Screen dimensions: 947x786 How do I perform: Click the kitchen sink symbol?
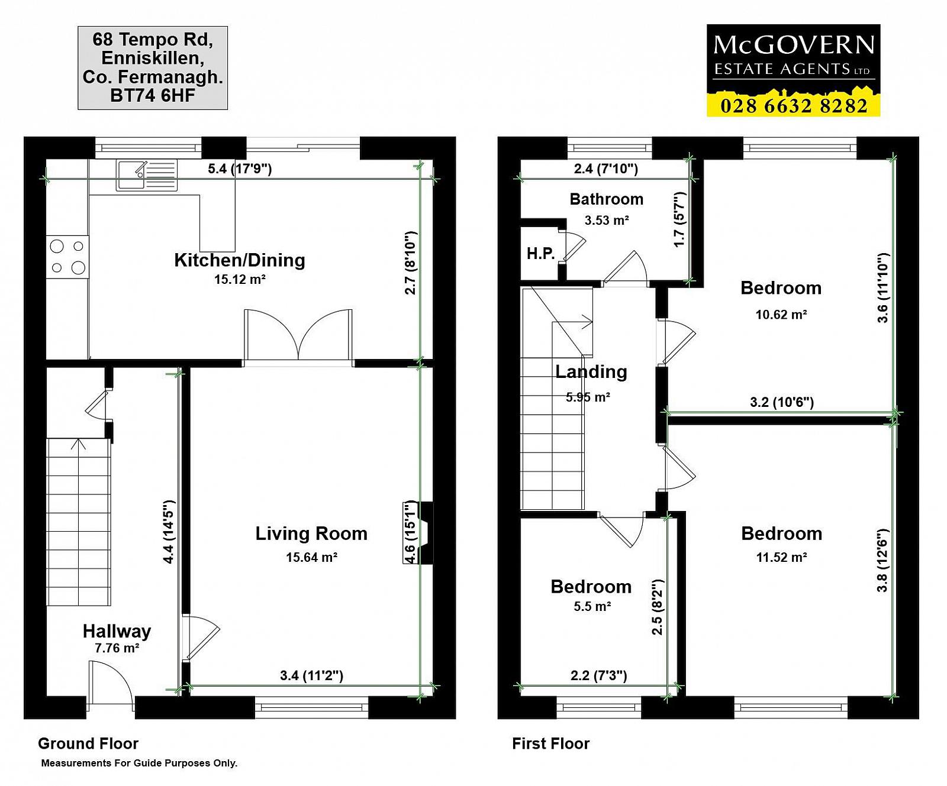[x=147, y=175]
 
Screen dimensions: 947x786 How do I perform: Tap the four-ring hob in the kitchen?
[x=68, y=257]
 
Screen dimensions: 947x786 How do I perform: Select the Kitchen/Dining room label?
[x=240, y=260]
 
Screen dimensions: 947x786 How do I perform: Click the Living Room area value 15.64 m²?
[x=311, y=557]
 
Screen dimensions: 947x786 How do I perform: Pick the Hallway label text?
[x=117, y=631]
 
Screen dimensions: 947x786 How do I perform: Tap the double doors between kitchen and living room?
[x=298, y=335]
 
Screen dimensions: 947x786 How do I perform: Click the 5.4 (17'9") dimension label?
[x=240, y=169]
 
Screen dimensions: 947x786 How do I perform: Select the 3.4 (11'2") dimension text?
[x=311, y=675]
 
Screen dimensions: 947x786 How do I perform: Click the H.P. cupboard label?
[x=541, y=254]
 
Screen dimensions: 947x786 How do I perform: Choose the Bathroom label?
[x=607, y=199]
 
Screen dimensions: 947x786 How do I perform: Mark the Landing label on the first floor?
[x=591, y=372]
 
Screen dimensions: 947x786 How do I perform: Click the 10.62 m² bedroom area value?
[x=781, y=315]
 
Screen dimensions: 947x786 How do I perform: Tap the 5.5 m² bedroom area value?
[x=592, y=606]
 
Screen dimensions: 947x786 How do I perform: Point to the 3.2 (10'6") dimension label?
[x=782, y=402]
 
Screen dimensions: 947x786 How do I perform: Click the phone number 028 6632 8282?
[x=794, y=105]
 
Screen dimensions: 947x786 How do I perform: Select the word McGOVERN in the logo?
[x=794, y=45]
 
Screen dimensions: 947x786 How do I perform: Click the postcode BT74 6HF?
[x=153, y=95]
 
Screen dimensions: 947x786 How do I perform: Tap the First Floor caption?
[x=551, y=743]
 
